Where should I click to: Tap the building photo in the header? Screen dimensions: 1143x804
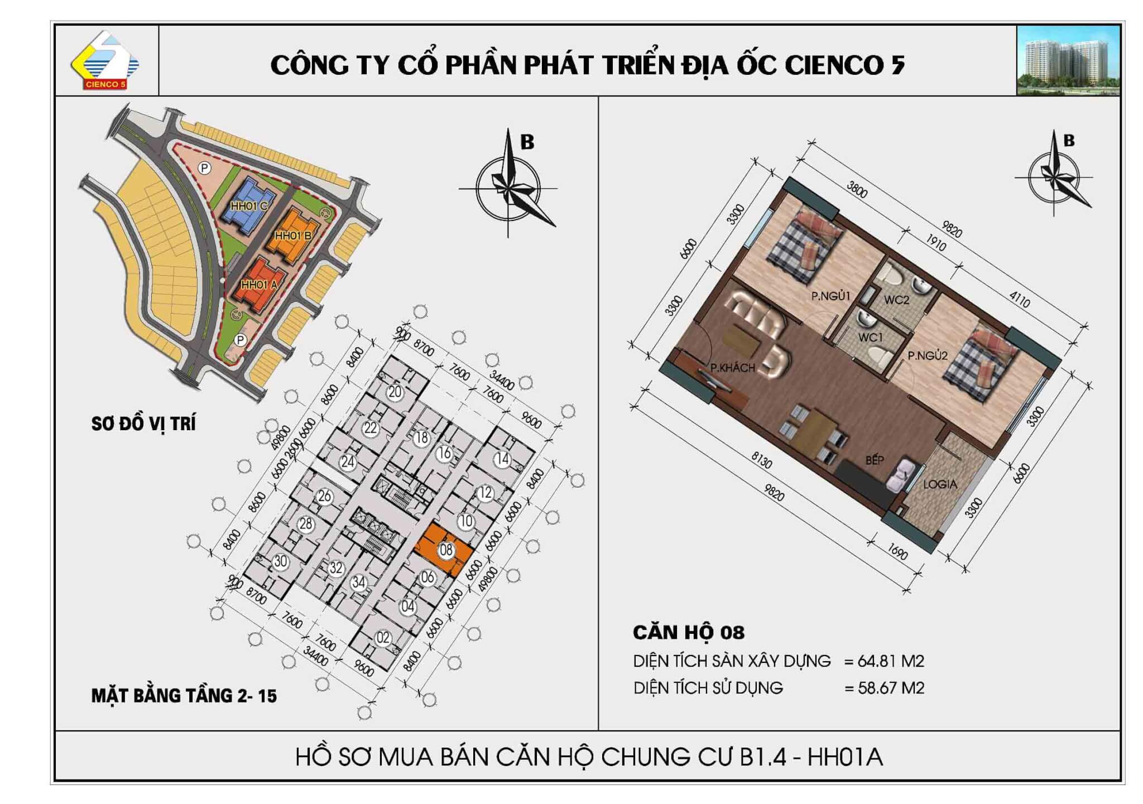1068,60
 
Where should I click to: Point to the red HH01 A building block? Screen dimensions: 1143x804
257,285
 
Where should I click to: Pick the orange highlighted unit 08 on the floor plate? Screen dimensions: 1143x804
443,550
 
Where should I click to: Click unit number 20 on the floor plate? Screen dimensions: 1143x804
395,392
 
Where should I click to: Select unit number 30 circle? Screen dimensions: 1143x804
280,561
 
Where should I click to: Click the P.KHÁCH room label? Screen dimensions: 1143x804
732,368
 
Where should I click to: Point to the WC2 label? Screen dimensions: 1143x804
896,300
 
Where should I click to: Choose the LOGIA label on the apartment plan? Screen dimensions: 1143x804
940,484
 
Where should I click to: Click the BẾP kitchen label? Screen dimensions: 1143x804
875,460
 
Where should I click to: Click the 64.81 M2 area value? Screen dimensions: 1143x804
891,661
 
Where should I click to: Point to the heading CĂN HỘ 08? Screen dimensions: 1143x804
689,633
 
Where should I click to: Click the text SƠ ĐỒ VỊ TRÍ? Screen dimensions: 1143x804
143,424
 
